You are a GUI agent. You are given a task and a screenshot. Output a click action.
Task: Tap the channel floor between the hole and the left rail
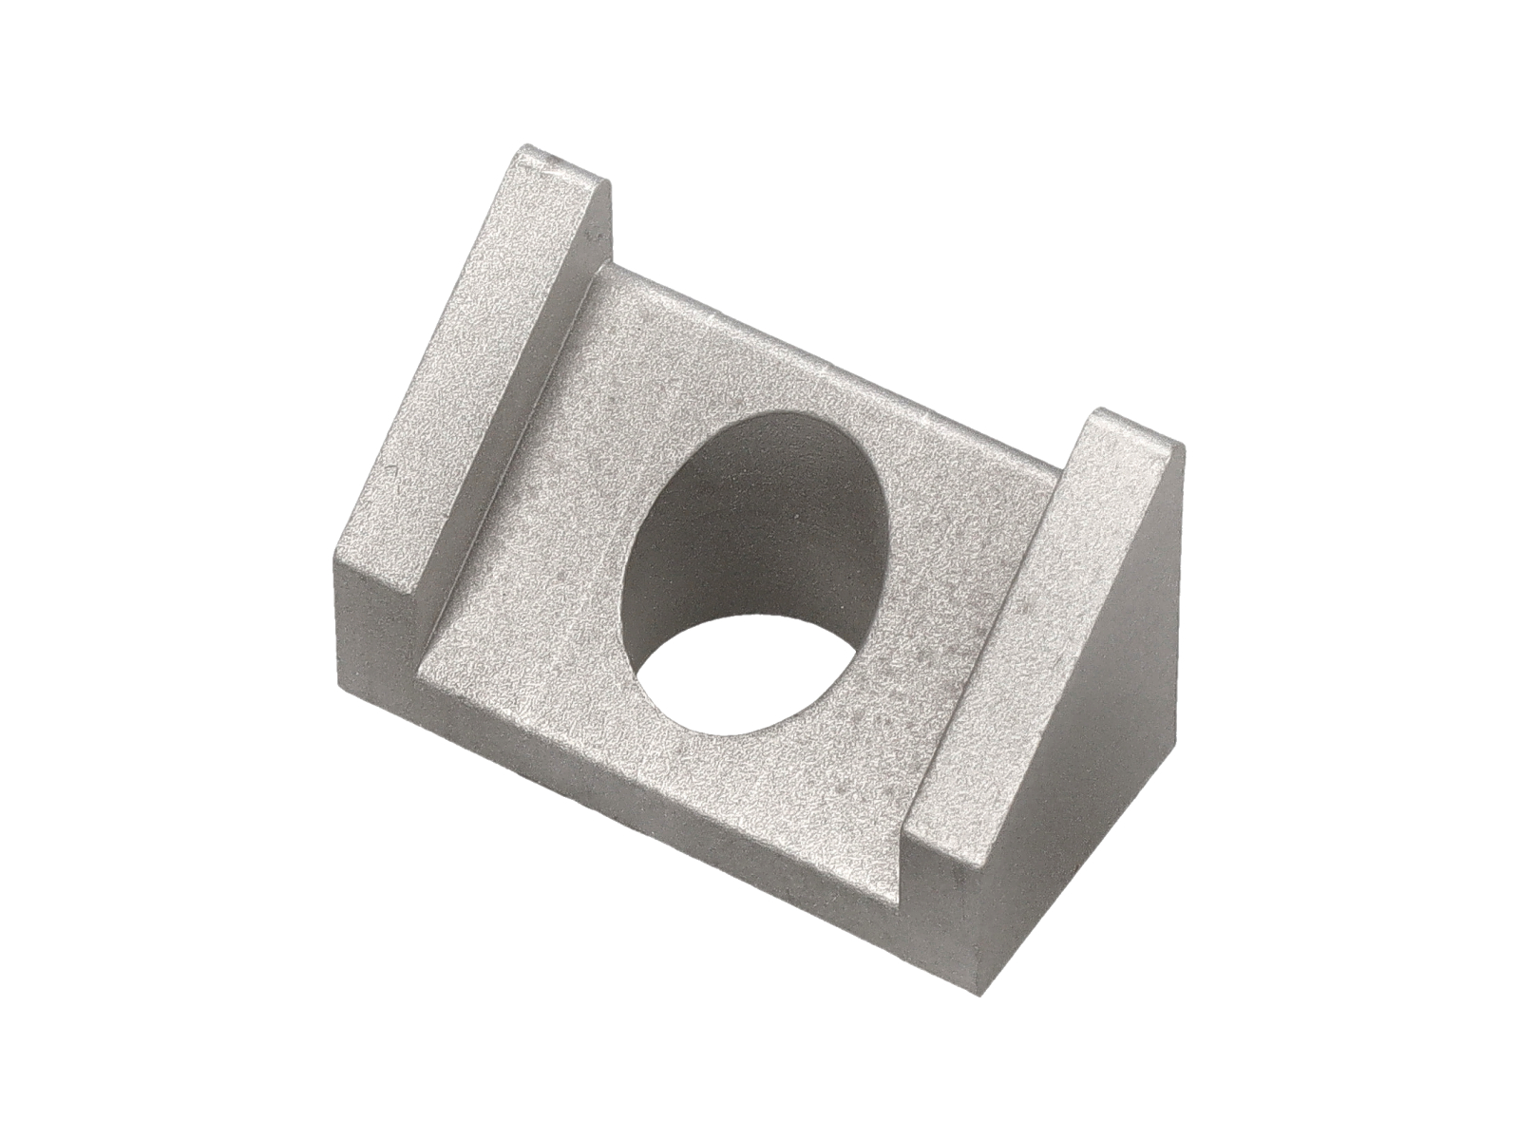point(551,532)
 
